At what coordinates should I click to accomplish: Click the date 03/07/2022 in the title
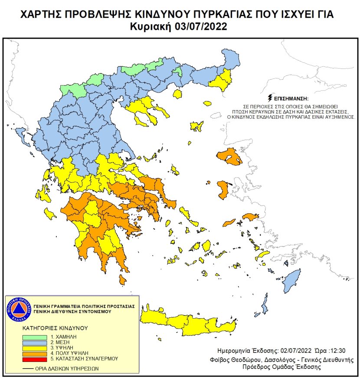(201, 27)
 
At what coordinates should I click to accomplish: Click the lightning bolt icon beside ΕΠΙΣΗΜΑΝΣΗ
(271, 98)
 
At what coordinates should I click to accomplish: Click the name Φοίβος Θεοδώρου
(240, 359)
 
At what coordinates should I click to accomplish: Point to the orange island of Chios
(223, 190)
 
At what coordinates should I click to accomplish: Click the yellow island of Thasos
(177, 94)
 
